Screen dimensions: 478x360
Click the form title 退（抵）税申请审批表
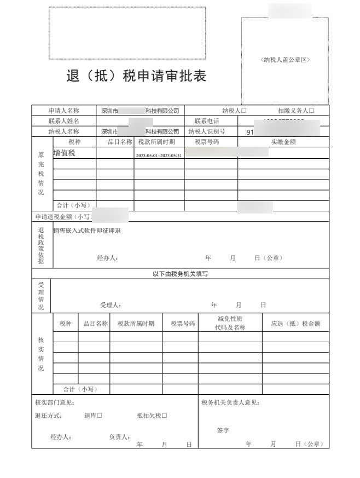[x=136, y=77]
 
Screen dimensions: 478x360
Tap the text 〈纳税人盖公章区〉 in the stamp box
[x=285, y=60]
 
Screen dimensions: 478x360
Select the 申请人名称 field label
[x=63, y=111]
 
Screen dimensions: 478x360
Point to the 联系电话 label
[x=206, y=121]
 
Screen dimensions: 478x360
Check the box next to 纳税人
[x=244, y=111]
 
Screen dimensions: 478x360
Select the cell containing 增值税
[x=64, y=153]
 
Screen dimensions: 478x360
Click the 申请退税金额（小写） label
[x=62, y=217]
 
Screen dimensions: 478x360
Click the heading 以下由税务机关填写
[x=180, y=274]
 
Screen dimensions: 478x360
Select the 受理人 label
[x=110, y=305]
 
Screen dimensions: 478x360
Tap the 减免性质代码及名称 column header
[x=230, y=323]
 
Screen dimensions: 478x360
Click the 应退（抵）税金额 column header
[x=295, y=324]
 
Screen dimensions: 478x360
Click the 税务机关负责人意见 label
[x=230, y=403]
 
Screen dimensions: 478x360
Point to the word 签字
[x=223, y=431]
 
